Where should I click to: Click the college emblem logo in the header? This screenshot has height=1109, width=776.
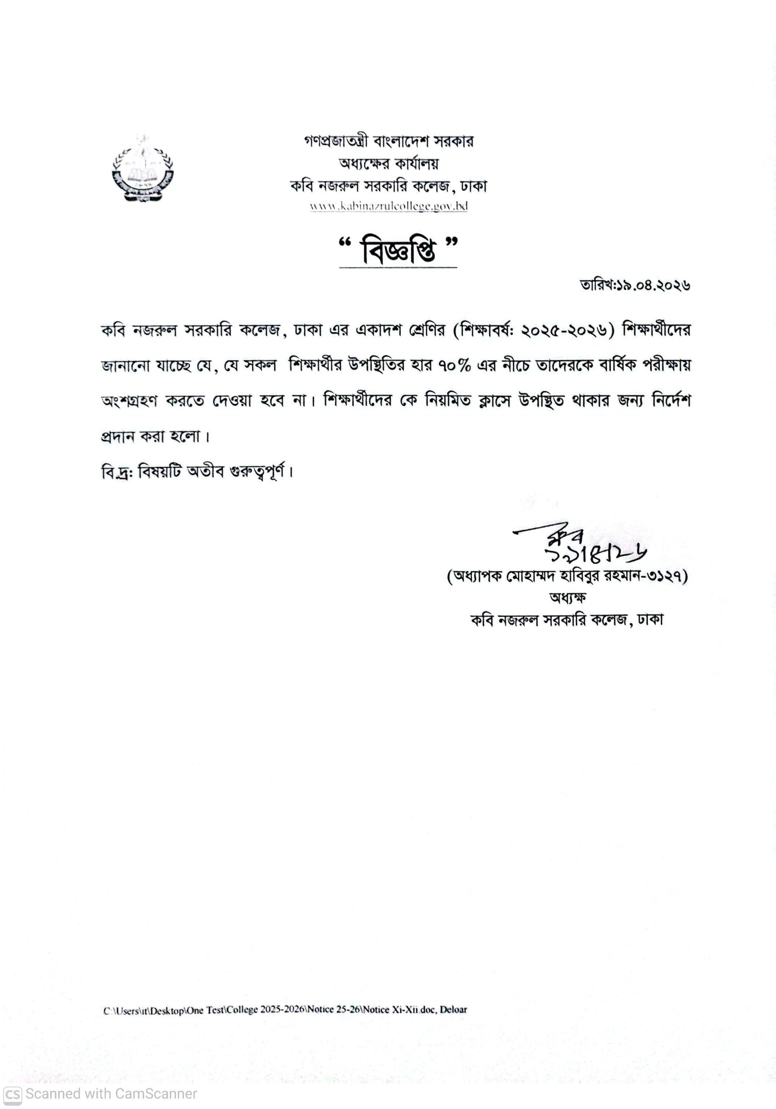[x=143, y=169]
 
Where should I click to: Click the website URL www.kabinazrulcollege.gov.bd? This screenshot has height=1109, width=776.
[x=389, y=206]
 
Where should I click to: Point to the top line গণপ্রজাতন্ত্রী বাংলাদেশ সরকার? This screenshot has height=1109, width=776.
[x=389, y=142]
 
